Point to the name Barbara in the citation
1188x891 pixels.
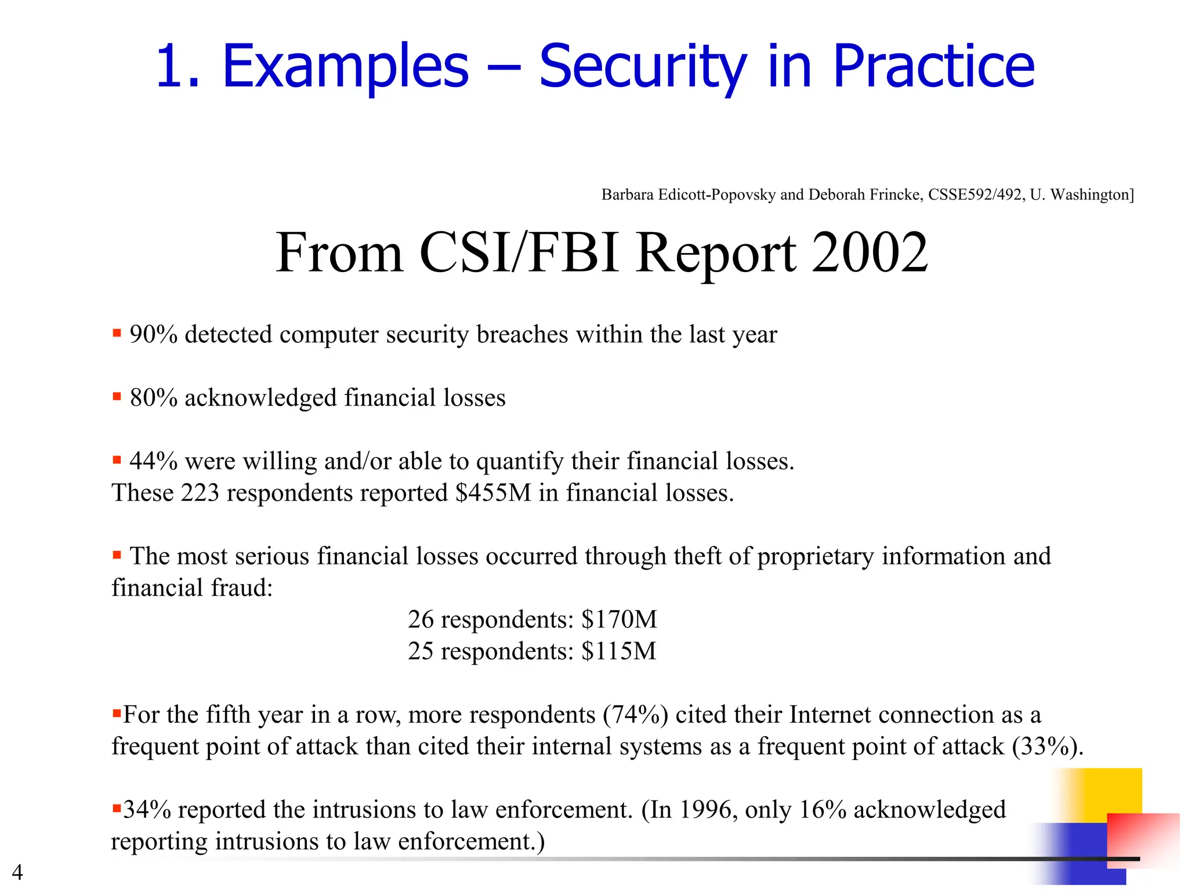click(627, 195)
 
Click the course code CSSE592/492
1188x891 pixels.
click(975, 195)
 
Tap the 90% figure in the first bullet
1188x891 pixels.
click(153, 335)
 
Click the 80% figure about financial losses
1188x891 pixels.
click(153, 398)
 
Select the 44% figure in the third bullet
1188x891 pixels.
click(153, 461)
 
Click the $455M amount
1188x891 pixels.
click(493, 493)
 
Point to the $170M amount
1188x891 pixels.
click(619, 620)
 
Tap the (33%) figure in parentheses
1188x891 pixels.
click(1047, 747)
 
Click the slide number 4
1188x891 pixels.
click(17, 872)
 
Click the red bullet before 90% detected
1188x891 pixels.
click(117, 334)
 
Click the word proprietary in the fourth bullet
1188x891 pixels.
click(815, 556)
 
